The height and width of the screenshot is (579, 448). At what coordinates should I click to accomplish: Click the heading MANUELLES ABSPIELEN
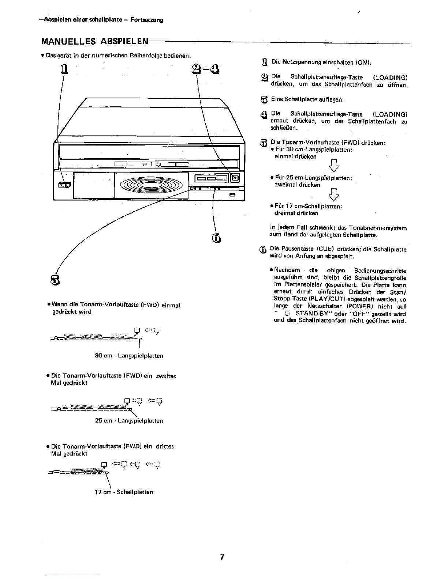point(95,41)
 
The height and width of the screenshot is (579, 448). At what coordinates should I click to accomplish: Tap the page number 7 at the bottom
point(222,557)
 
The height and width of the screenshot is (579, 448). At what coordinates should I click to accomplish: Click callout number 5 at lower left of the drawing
point(54,280)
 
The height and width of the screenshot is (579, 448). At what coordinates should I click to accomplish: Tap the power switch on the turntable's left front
point(65,185)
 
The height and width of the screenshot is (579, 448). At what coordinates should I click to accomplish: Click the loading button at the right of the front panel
point(235,178)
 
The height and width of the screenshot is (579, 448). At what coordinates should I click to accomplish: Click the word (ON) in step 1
point(363,62)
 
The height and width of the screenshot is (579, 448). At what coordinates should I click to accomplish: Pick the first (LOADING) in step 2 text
point(390,77)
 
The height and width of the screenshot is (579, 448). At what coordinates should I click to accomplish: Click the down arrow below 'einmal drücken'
point(334,165)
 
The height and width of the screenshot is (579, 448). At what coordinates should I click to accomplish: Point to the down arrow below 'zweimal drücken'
point(334,194)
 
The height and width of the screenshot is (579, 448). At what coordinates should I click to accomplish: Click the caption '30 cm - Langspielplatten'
point(129,356)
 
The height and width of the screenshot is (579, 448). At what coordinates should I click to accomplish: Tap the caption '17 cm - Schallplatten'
point(124,492)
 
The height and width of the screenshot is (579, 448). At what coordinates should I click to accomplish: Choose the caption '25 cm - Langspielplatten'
point(129,421)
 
